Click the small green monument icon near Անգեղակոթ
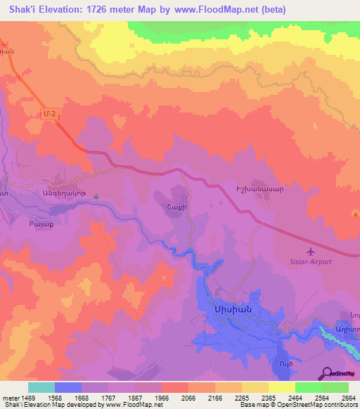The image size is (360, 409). click(96, 197)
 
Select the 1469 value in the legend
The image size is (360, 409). click(27, 398)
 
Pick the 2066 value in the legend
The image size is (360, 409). click(187, 398)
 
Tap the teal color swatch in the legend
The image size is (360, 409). click(41, 387)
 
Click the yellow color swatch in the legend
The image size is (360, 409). click(281, 387)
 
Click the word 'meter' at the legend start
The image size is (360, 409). click(9, 398)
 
